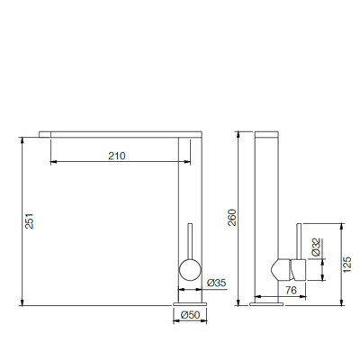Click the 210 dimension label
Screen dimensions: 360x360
(x=117, y=156)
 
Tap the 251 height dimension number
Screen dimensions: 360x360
(x=30, y=221)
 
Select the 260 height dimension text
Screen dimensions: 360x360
(x=232, y=217)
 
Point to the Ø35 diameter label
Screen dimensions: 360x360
(x=216, y=283)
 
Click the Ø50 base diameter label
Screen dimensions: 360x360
(x=191, y=315)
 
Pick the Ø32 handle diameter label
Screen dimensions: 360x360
(x=316, y=247)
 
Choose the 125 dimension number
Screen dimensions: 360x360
(x=346, y=265)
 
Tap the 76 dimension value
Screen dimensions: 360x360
(x=291, y=290)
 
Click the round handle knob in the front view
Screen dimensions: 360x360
(x=190, y=270)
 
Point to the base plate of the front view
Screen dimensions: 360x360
(x=190, y=304)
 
